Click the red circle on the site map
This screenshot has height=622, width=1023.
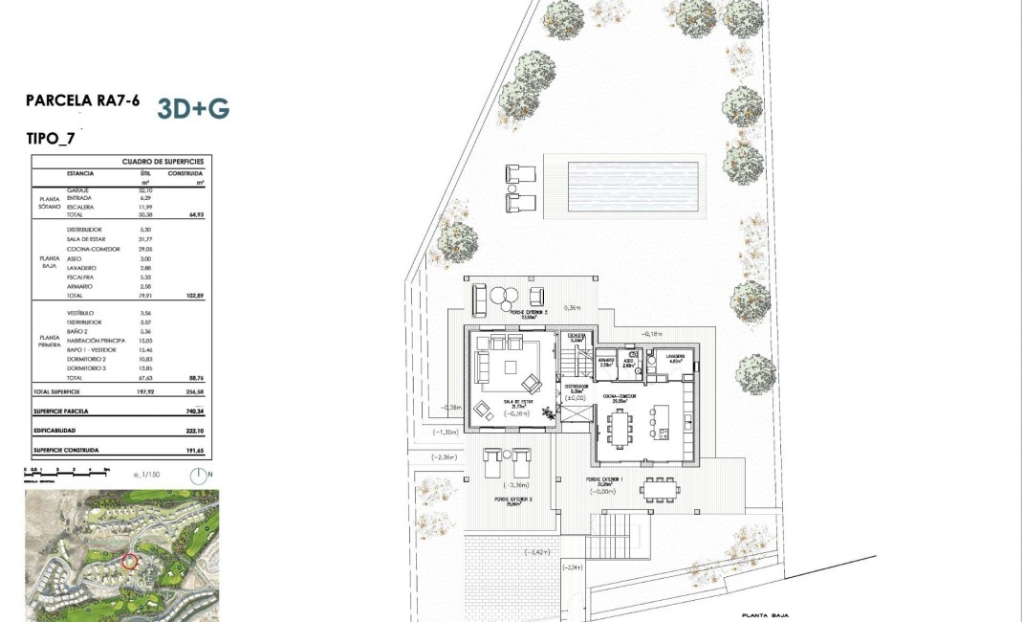point(131,564)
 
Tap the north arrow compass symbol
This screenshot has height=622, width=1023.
point(199,476)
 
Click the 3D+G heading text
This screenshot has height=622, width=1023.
point(192,108)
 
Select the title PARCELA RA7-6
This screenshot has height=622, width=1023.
point(82,101)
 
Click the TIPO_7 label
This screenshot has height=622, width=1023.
point(51,138)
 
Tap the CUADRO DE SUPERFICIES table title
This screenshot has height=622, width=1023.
point(163,163)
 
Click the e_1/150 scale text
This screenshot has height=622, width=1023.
point(147,474)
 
